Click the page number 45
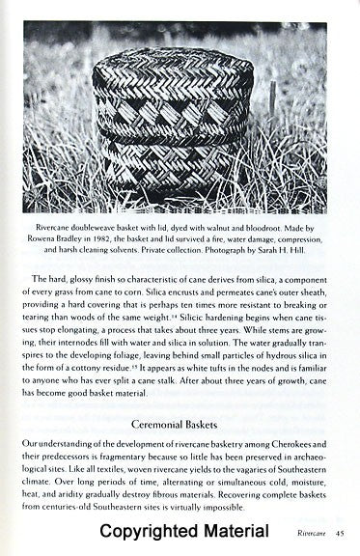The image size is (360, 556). click(341, 533)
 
